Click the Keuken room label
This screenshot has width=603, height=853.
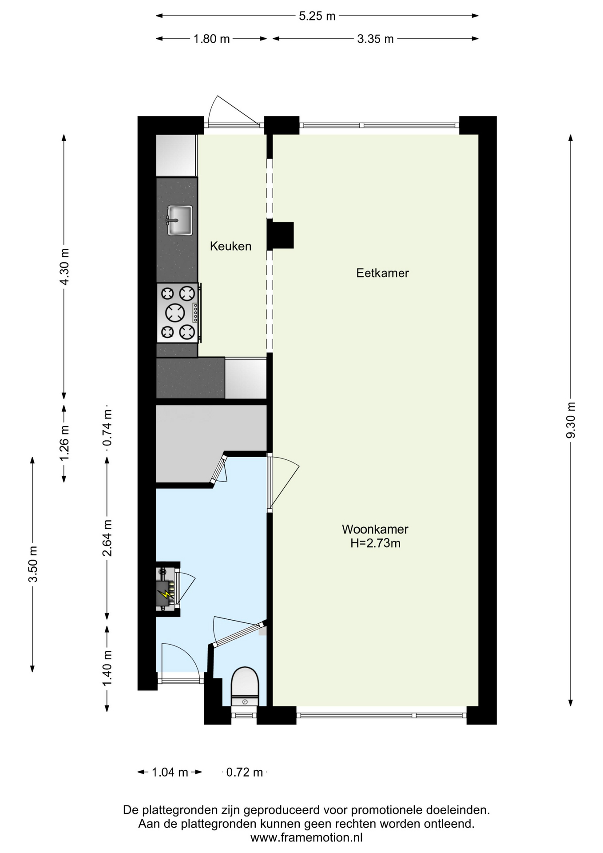click(x=230, y=246)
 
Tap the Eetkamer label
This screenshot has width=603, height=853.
click(x=382, y=273)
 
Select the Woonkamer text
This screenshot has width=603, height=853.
click(x=375, y=529)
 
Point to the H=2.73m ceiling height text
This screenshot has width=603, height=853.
click(x=375, y=543)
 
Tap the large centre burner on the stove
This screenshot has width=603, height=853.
click(x=175, y=313)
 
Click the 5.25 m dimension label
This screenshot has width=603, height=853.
click(x=317, y=16)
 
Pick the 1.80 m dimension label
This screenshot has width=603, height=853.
click(x=211, y=39)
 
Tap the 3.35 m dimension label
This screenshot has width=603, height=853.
click(x=375, y=39)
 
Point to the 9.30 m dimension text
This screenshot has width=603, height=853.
click(x=571, y=420)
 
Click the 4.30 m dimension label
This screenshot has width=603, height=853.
click(x=64, y=267)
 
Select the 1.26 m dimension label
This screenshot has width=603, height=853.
click(x=64, y=443)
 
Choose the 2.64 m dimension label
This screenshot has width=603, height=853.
click(x=107, y=538)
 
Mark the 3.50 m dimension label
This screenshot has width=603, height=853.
click(x=32, y=564)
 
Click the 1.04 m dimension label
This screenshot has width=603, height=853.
click(x=170, y=773)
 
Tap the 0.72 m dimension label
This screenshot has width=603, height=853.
click(x=244, y=773)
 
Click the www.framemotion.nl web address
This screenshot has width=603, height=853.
click(x=306, y=838)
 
